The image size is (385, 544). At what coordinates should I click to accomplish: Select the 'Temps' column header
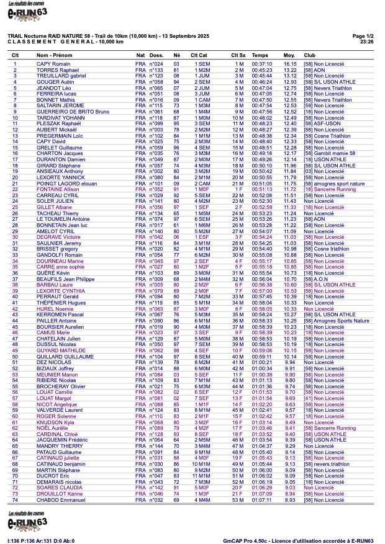260,55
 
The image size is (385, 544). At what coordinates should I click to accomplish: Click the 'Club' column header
309,55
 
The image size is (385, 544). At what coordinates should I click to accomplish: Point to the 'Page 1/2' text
363,37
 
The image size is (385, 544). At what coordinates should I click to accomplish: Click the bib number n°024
156,64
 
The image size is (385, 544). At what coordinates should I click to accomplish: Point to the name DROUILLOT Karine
58,493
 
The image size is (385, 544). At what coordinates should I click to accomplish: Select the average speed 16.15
290,64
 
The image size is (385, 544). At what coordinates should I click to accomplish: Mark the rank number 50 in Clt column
15,357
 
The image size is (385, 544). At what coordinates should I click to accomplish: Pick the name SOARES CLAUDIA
57,487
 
